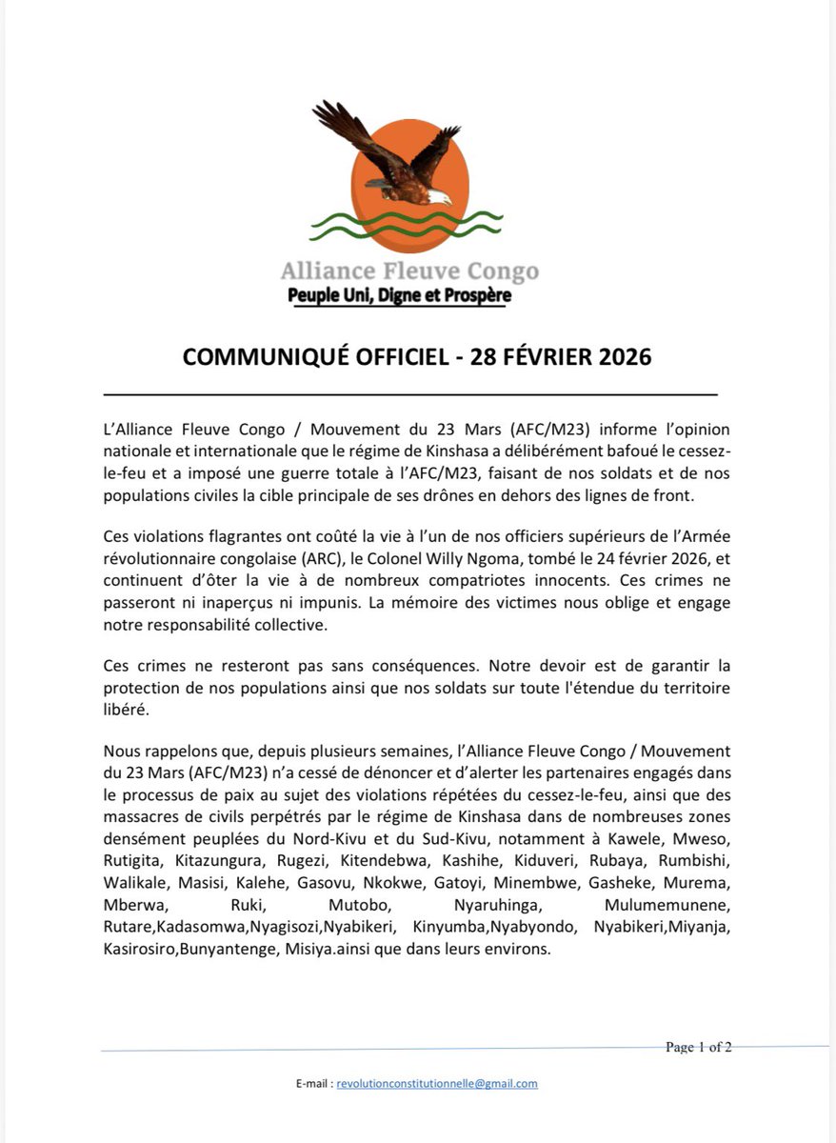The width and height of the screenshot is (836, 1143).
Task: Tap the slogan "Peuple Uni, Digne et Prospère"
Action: (399, 296)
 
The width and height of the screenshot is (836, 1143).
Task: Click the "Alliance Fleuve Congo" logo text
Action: (409, 271)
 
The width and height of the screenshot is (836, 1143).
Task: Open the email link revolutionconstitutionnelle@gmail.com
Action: (437, 1083)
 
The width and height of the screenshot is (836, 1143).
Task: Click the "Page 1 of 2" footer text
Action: (698, 1048)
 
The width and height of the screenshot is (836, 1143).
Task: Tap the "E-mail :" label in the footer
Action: (314, 1083)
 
